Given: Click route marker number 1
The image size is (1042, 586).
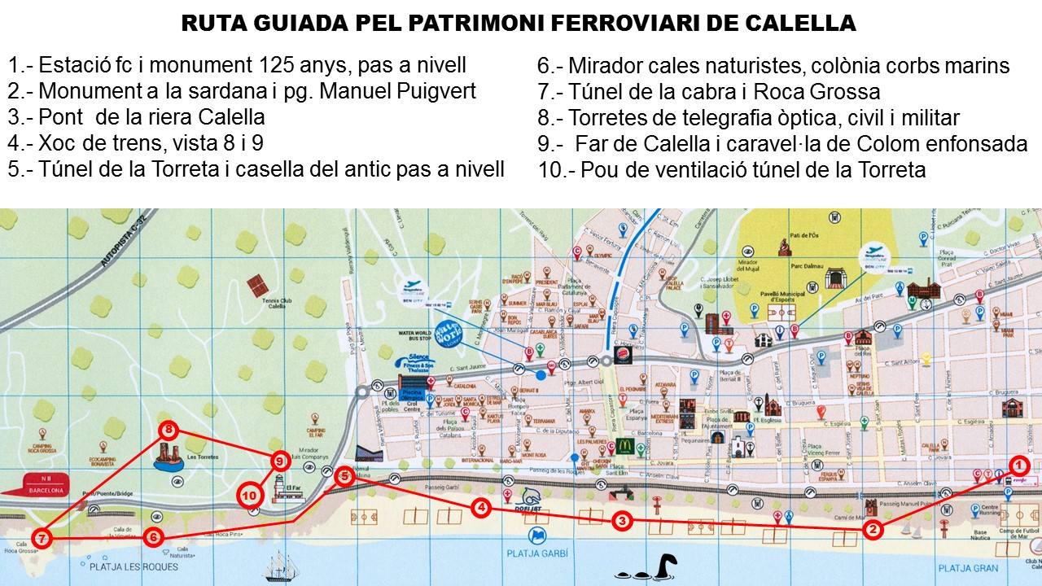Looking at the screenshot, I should (1019, 465).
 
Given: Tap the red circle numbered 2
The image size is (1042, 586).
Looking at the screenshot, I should (872, 530).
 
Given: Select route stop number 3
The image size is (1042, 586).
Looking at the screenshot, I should (621, 521).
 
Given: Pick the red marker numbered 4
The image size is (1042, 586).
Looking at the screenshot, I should (482, 508).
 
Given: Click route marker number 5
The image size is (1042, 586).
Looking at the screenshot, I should (344, 476).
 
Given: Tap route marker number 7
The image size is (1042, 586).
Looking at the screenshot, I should (42, 537).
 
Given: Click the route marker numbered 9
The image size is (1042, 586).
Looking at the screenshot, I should (279, 461).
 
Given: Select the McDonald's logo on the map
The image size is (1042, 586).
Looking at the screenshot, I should (625, 445).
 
